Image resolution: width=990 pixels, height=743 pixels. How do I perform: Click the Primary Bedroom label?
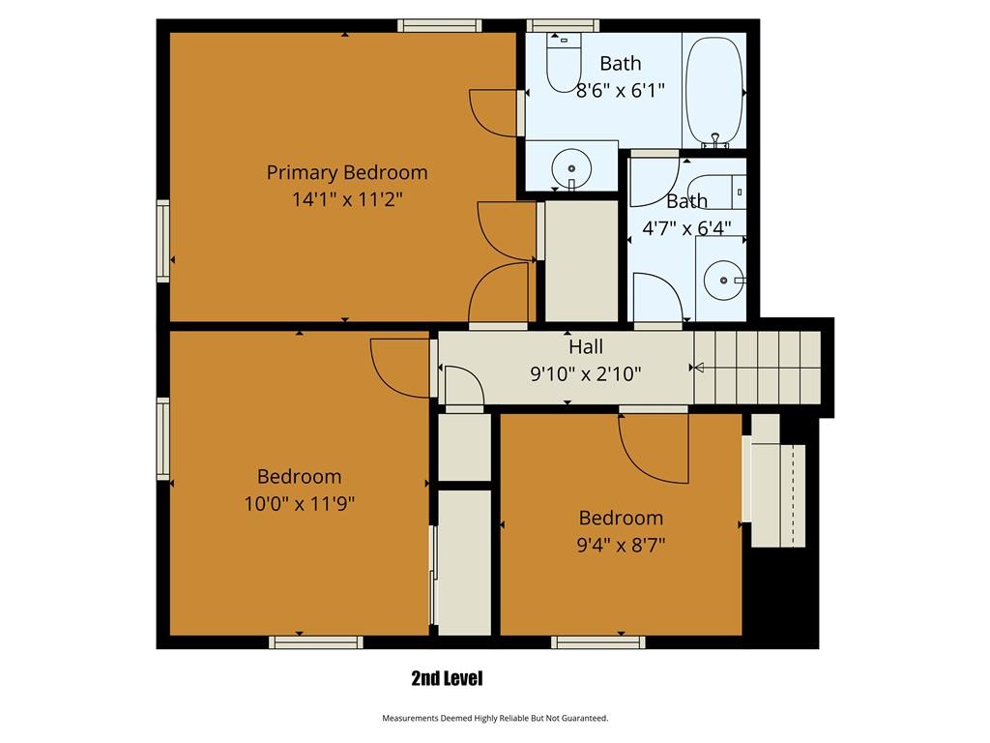click(347, 172)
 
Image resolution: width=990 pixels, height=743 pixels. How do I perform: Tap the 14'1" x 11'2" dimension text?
click(347, 199)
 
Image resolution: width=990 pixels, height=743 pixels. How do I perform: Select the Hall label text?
click(585, 346)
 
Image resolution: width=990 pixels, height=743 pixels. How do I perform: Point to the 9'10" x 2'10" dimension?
click(585, 374)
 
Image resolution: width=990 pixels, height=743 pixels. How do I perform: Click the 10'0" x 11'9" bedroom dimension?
click(300, 503)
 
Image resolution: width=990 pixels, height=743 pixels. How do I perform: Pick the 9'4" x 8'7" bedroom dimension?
click(621, 545)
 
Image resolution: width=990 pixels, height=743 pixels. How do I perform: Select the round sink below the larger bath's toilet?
click(570, 168)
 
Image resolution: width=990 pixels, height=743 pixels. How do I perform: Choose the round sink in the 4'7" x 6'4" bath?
click(723, 280)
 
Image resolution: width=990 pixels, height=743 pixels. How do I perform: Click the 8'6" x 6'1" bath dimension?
click(620, 90)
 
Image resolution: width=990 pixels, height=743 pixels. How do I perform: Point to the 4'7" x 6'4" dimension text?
click(686, 227)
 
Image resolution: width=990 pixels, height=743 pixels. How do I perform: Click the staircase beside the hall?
click(757, 368)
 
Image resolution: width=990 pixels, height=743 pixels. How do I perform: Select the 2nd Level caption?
click(447, 678)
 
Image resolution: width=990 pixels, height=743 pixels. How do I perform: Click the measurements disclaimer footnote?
click(495, 718)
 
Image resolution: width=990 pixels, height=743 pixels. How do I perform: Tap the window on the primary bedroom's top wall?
click(440, 25)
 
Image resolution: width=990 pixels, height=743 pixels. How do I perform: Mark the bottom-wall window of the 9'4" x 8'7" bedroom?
click(597, 642)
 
